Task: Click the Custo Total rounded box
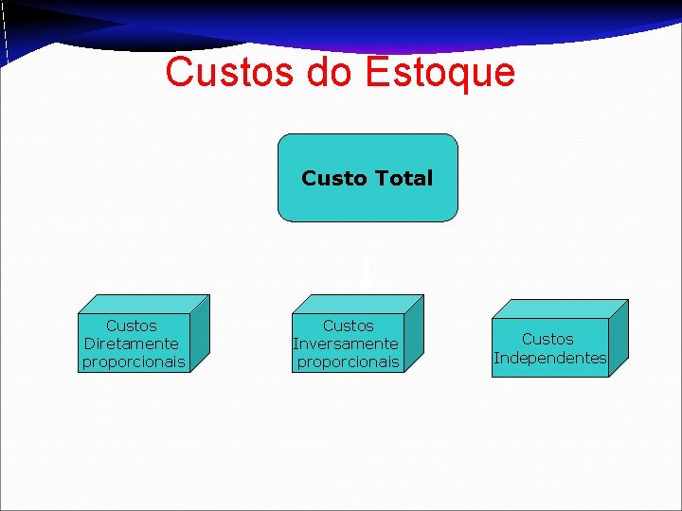[368, 177]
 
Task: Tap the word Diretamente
[132, 344]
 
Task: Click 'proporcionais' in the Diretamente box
[134, 361]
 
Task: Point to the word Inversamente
[347, 344]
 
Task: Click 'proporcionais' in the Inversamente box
[349, 361]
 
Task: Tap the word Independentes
[549, 358]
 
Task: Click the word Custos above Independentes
[547, 339]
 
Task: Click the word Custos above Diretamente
[132, 326]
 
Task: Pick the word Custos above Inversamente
[348, 326]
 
